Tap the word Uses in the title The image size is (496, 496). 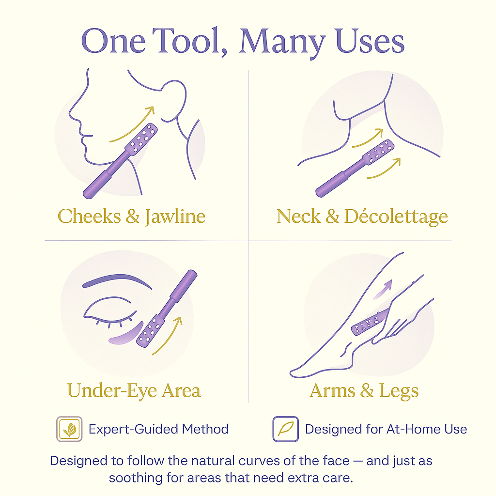pos(370,41)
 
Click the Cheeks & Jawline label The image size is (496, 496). pos(131,217)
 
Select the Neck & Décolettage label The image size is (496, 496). pos(362,217)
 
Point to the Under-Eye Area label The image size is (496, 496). pos(134,390)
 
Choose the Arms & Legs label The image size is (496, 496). pos(364,391)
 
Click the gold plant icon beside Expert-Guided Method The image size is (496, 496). pos(69,429)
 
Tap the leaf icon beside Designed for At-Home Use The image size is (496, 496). pos(286,429)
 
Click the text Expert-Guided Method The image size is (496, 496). pos(158,429)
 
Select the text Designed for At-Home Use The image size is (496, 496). pos(386,429)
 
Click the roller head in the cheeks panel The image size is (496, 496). pos(141,139)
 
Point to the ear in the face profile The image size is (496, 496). pos(174,101)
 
